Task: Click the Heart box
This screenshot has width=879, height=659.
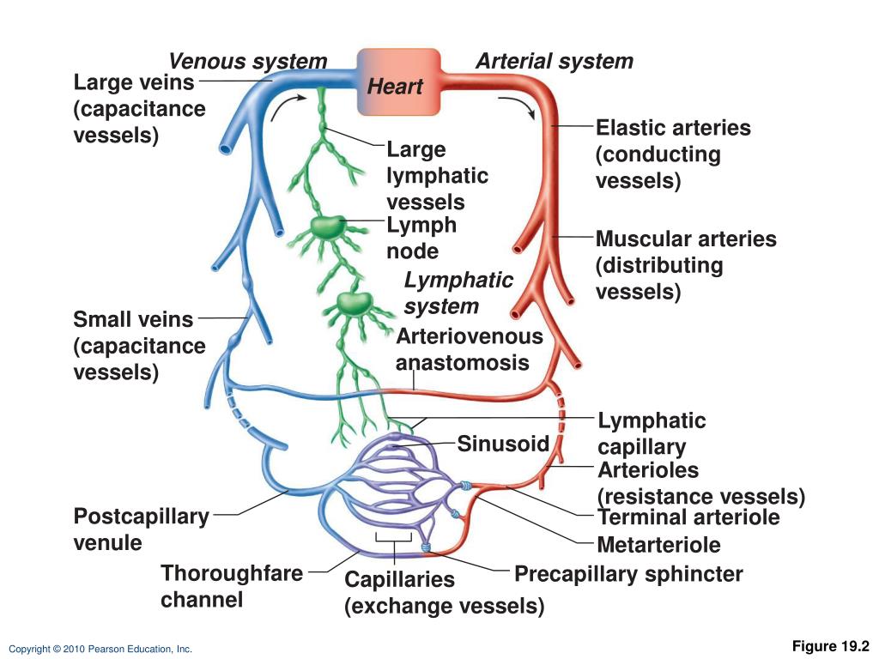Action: pos(398,82)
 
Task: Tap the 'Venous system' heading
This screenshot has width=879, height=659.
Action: pos(248,61)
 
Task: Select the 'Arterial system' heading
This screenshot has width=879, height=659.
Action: pos(555,61)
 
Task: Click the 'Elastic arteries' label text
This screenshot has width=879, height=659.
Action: pos(673,128)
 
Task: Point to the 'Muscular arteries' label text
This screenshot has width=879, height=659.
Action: pos(686,239)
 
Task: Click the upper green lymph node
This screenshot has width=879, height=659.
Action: pos(328,227)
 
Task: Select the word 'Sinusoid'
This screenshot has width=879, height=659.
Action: pos(503,444)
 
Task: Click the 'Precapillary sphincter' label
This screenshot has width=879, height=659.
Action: pos(628,574)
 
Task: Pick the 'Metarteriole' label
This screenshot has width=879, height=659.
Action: pos(658,545)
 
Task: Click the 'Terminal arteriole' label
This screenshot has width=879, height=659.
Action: pos(688,517)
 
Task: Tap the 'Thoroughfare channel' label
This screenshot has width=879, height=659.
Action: pos(232,586)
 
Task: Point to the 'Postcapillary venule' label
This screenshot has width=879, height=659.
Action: pos(142,529)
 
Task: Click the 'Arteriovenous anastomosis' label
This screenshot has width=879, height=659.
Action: pos(470,349)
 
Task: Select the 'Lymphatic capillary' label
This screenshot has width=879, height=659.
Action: pos(652,433)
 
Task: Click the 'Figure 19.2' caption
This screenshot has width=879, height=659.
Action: pos(830,646)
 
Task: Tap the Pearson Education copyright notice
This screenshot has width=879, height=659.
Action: pos(100,649)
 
